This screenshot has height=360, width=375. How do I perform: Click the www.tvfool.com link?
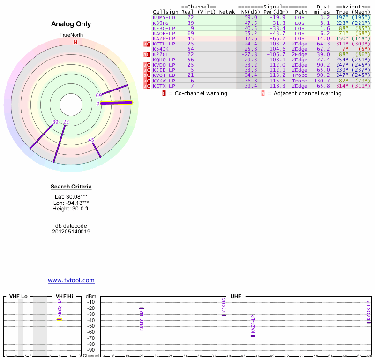(x=71, y=280)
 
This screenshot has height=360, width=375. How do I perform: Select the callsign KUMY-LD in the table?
(x=164, y=17)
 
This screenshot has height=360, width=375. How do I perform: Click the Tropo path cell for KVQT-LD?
(x=300, y=75)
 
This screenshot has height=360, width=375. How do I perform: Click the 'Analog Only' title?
(x=71, y=24)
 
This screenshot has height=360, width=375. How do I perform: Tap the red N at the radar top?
(x=75, y=42)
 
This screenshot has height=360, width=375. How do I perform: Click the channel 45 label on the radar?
(x=91, y=140)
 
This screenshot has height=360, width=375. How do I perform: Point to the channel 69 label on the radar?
(x=99, y=95)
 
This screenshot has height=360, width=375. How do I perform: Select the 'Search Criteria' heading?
(x=71, y=187)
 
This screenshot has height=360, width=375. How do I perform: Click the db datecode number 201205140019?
(x=71, y=232)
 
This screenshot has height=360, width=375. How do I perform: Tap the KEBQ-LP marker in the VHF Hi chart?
(x=60, y=319)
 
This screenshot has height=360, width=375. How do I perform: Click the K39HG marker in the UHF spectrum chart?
(x=224, y=315)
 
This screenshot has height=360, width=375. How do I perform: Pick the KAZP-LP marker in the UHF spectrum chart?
(x=253, y=336)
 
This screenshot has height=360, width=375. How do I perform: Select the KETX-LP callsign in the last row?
(x=164, y=86)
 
